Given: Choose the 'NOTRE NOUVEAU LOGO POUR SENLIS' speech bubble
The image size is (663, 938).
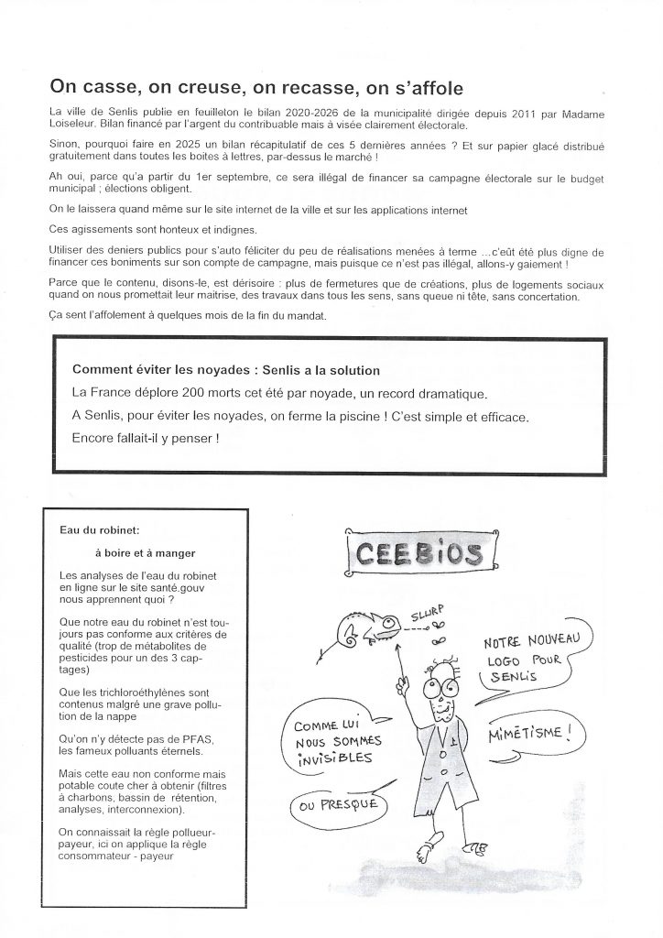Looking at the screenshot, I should [x=531, y=659].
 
